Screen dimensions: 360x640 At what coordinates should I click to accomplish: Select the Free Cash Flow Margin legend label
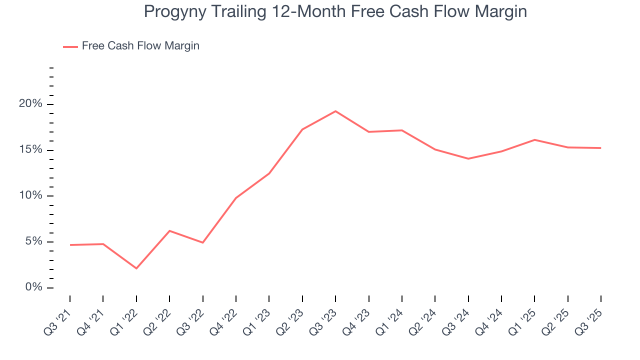pos(140,46)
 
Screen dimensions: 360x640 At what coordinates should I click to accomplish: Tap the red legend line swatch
pos(70,46)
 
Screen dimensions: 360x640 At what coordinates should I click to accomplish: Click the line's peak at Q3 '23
pos(335,111)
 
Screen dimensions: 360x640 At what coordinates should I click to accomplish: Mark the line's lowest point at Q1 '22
pos(136,268)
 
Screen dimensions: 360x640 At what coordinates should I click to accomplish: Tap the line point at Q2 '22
pos(169,230)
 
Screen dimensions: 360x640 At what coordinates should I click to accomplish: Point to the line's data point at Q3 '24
pos(468,158)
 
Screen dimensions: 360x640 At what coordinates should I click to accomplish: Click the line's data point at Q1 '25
pos(534,139)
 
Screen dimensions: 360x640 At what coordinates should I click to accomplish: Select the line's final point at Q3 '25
pos(600,148)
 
